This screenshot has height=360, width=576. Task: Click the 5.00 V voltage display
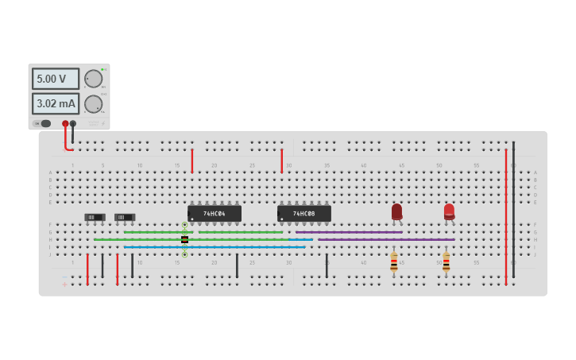[x=55, y=79]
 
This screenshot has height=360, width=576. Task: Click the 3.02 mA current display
[x=55, y=103]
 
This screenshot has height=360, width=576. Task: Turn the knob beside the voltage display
[x=93, y=79]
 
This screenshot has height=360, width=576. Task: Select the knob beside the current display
[x=93, y=104]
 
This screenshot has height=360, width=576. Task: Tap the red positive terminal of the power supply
[x=65, y=123]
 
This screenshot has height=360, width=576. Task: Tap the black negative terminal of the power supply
[x=73, y=123]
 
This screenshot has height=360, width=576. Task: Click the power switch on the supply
[x=44, y=123]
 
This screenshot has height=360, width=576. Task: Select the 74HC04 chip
[x=215, y=214]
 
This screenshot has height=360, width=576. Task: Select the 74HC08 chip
[x=303, y=214]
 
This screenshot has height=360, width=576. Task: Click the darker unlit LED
[x=396, y=211]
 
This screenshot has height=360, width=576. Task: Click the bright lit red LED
[x=449, y=211]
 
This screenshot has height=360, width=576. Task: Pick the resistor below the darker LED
[x=394, y=261]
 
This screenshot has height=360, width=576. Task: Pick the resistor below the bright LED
[x=446, y=261]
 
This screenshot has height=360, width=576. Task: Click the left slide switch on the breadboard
[x=95, y=217]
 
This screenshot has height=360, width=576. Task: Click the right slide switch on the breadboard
[x=125, y=217]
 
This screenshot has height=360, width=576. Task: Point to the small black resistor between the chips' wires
[x=184, y=239]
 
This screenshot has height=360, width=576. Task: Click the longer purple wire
[x=386, y=239]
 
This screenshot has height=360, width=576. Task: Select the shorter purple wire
[x=350, y=232]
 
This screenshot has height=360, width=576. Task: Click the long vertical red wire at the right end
[x=505, y=215]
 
